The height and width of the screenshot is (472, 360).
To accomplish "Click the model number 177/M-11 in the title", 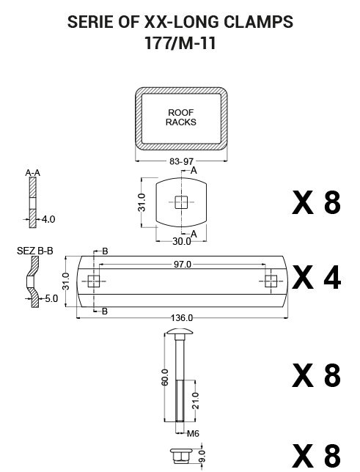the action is click(x=180, y=43).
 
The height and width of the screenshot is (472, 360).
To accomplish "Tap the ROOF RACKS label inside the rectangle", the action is click(x=181, y=117).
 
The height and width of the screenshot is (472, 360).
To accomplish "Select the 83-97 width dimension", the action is click(x=181, y=162).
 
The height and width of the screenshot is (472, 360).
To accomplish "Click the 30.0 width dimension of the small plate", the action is click(x=181, y=241).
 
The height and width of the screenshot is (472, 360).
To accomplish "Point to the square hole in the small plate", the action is click(x=181, y=202).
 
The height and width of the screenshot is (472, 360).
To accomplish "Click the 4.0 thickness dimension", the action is click(x=48, y=219).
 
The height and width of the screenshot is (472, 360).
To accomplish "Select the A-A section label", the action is click(x=32, y=173).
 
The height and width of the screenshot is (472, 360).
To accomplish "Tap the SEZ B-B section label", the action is click(x=35, y=251).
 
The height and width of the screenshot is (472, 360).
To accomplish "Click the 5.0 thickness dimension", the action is click(x=51, y=298).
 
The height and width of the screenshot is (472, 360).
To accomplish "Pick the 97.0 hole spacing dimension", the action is click(x=183, y=265).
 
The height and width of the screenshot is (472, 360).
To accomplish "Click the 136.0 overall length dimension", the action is click(x=182, y=317).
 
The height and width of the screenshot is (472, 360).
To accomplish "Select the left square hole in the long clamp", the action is click(x=94, y=281).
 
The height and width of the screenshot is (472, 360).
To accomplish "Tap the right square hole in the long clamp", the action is click(x=271, y=281).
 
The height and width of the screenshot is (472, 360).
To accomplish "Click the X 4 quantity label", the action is click(x=316, y=277).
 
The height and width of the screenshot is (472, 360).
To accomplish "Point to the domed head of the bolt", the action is click(x=180, y=332).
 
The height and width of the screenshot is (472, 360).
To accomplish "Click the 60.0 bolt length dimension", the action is click(x=165, y=377).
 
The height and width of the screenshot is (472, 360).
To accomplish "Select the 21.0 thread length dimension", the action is click(x=196, y=401).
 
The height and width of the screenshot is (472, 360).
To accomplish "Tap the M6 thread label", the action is click(x=193, y=433).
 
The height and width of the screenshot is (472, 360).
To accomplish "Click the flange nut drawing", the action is click(x=180, y=455).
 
